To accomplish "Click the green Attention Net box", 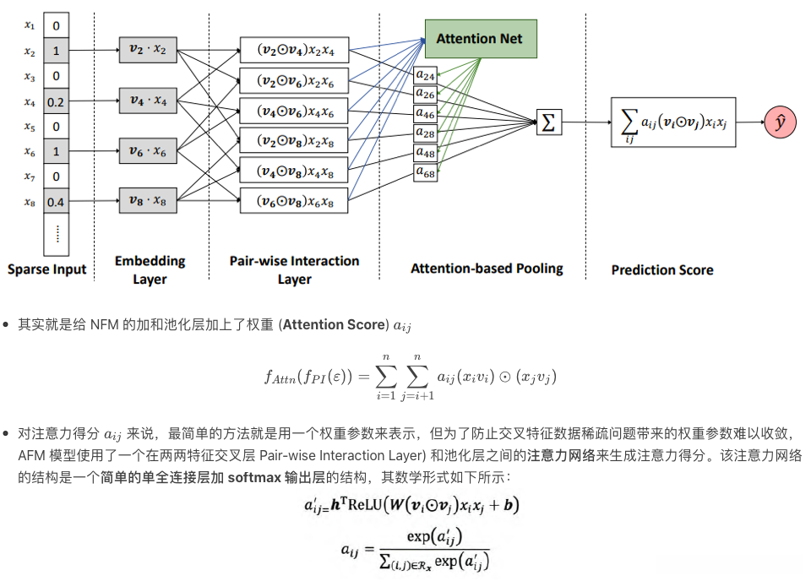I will pos(479,38).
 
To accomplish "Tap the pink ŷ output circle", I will pos(780,123).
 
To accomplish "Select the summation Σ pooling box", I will pos(548,123).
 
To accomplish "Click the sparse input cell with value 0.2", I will pos(56,102).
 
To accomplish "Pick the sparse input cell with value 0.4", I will pos(56,203).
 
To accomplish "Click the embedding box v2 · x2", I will pos(149,51).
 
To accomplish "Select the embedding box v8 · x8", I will pos(149,202).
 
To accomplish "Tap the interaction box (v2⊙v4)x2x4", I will pos(295,51).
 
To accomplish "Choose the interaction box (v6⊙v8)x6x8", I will pos(295,202).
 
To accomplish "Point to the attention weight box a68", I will pos(425,172).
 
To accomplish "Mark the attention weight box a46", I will pos(425,113).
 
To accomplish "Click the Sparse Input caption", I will pos(47,269).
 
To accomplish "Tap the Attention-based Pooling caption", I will pos(487,269).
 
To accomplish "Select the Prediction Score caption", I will pos(662,269).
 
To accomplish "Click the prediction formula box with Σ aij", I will pos(674,123).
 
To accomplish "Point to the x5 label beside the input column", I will pos(30,128).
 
